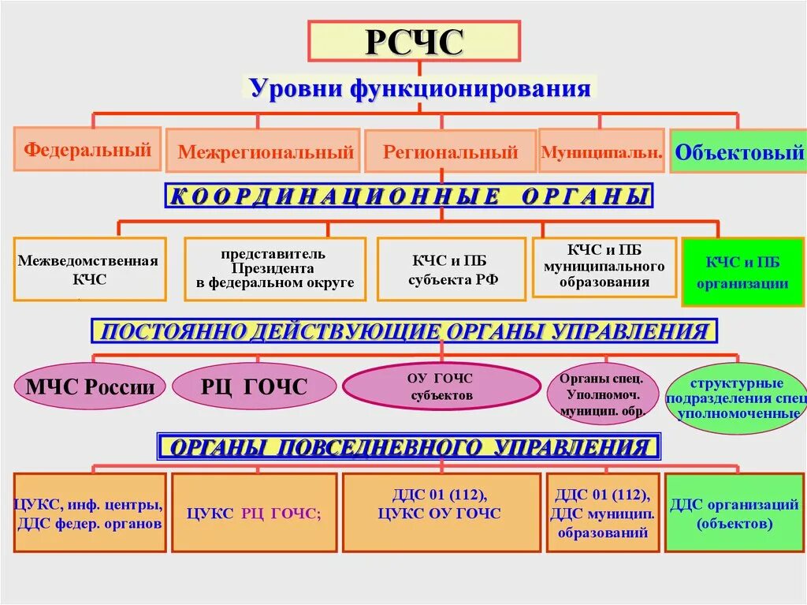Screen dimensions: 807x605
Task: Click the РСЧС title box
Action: coord(413,42)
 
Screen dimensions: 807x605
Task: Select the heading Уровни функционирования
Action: coord(420,88)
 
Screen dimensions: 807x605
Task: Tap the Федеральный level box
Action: coord(87,149)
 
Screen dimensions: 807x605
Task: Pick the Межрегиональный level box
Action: coord(265,151)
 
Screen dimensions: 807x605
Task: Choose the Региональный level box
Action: coord(450,151)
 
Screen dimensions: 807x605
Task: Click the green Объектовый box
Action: coord(738,151)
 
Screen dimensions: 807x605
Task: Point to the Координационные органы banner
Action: coord(409,196)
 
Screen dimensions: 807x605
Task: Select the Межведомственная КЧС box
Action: coord(89,269)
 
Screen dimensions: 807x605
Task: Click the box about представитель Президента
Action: coord(275,269)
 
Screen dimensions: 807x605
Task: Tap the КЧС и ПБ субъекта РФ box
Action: coord(451,269)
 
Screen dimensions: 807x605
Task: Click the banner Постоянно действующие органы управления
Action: coord(404,331)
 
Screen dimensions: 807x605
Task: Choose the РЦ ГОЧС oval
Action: coord(254,387)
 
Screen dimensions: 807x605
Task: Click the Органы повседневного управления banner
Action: coord(408,448)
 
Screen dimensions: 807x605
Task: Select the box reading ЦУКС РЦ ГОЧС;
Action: coord(254,513)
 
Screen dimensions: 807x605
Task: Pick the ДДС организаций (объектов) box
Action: coord(734,513)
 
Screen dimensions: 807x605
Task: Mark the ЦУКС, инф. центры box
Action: coord(89,513)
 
